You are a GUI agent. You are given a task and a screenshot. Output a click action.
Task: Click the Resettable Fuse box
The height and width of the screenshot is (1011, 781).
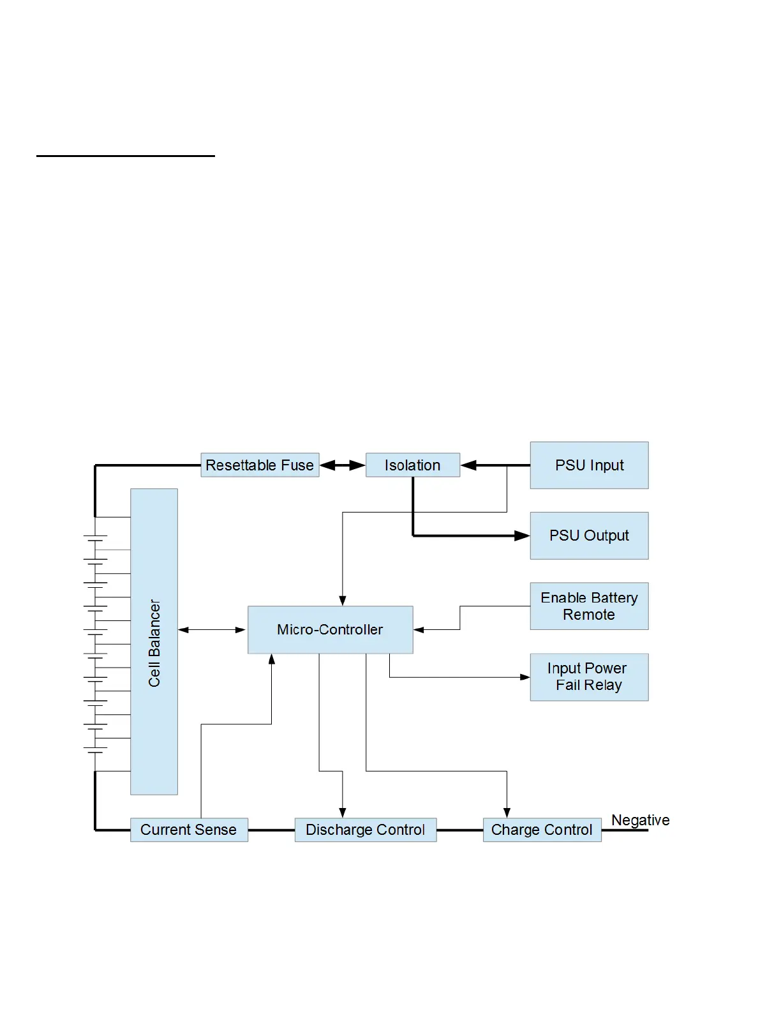pos(260,465)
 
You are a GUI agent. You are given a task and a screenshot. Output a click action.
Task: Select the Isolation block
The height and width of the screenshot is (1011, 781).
pos(412,465)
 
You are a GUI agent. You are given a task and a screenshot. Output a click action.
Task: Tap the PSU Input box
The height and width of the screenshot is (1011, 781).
pos(589,465)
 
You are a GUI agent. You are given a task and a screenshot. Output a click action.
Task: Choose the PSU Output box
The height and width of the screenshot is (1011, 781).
pos(589,535)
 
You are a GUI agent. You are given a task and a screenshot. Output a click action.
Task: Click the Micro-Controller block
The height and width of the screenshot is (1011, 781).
pos(330,629)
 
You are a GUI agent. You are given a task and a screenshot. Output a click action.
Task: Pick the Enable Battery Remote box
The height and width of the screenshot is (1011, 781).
pos(589,606)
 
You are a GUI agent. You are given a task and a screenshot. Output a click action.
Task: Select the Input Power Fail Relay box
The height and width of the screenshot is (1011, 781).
pos(589,677)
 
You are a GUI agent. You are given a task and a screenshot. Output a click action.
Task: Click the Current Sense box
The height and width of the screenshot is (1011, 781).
pos(189,830)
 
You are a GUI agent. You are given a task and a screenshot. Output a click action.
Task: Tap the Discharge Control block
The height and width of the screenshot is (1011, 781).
pos(365,830)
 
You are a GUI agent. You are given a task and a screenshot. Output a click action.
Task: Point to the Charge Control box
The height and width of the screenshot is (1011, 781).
pos(542,830)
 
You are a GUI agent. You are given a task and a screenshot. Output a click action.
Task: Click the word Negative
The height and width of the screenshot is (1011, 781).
pos(640,820)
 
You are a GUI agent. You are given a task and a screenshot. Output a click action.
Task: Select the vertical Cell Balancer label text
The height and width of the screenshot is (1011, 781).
pos(154,642)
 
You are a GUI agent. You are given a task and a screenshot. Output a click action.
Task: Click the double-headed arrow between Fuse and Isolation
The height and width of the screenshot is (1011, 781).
pos(342,465)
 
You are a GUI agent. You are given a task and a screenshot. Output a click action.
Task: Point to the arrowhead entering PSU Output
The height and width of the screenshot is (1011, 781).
pos(523,535)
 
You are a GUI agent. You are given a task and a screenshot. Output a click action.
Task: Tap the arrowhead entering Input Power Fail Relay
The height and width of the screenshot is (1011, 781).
pos(525,677)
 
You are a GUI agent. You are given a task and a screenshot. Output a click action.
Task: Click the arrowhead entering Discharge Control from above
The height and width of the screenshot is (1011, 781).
pos(343,813)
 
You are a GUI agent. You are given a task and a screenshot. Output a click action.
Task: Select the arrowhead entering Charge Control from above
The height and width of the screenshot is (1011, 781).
pos(507,813)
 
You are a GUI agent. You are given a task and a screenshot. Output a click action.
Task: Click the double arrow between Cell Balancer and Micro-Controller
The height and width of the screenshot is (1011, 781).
pos(212,630)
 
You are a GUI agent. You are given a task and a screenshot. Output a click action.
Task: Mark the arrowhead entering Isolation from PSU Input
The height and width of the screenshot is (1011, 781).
pos(468,465)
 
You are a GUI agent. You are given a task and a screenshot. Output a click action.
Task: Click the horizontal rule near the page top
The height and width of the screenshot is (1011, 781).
pos(126,155)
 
